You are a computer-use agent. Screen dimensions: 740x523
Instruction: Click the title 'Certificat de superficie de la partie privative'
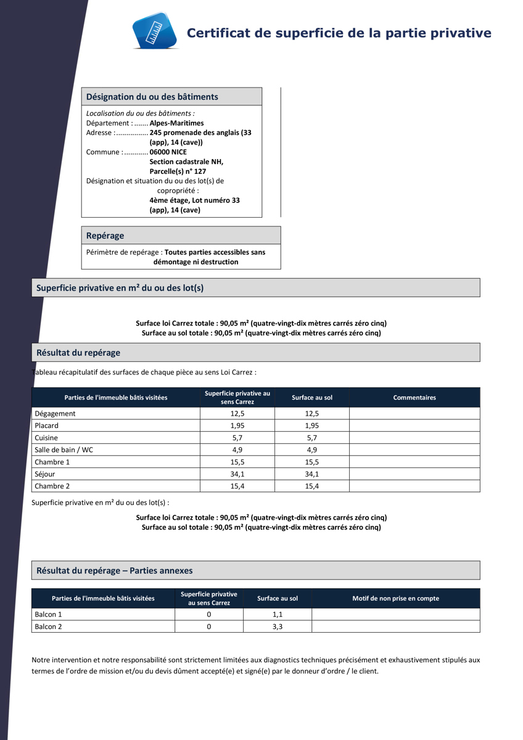tap(339, 33)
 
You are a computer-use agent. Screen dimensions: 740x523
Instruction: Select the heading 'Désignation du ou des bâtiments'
tap(152, 97)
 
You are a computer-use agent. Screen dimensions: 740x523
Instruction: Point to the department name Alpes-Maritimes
tap(176, 123)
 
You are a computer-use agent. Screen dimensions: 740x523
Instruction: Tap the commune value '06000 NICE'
tap(168, 152)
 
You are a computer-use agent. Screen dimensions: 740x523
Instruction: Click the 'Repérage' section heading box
tap(181, 236)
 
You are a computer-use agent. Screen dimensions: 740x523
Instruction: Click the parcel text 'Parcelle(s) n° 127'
tap(178, 171)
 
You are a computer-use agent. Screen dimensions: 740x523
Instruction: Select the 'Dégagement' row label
tap(55, 414)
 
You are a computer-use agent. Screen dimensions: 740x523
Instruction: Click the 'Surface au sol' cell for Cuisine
tap(311, 438)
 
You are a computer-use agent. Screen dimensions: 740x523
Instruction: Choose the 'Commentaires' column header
tap(414, 398)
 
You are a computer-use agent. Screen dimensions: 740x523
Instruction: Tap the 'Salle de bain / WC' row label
tap(64, 450)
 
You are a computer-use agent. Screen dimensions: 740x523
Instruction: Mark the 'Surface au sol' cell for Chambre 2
tap(311, 487)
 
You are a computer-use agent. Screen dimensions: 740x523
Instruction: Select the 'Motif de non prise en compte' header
tap(395, 598)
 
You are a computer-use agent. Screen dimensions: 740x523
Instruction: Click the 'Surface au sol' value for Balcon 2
tap(278, 627)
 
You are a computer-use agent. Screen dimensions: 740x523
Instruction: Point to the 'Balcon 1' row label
tap(48, 615)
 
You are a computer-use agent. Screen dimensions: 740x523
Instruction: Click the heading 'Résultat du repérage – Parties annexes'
tap(115, 570)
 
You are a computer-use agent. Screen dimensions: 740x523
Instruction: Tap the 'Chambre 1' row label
tap(52, 462)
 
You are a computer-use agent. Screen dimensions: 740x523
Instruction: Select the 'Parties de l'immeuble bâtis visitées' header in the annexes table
tap(103, 598)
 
